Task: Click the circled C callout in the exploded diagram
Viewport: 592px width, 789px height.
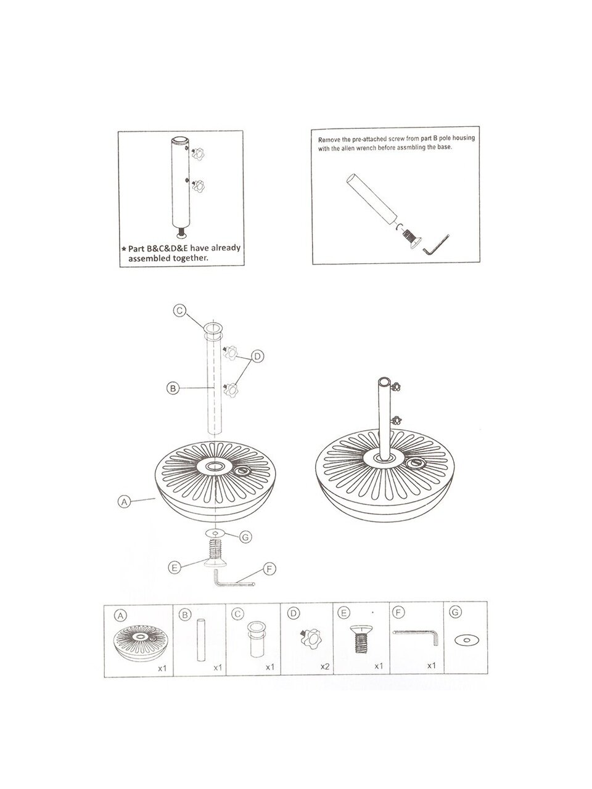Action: tap(179, 310)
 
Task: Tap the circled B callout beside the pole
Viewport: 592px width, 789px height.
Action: tap(173, 388)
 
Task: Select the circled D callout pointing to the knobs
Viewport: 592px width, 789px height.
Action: tap(257, 356)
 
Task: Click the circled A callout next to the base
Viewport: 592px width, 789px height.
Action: tap(124, 501)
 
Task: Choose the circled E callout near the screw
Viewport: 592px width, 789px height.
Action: tap(175, 568)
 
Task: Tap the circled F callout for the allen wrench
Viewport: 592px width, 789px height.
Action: tap(269, 569)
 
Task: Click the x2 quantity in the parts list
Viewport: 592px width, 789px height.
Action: tap(325, 666)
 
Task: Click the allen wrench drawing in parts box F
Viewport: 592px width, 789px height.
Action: tap(416, 635)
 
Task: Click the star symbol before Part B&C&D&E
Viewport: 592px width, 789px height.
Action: tap(124, 249)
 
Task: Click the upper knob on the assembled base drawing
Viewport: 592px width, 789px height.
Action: tap(397, 386)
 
